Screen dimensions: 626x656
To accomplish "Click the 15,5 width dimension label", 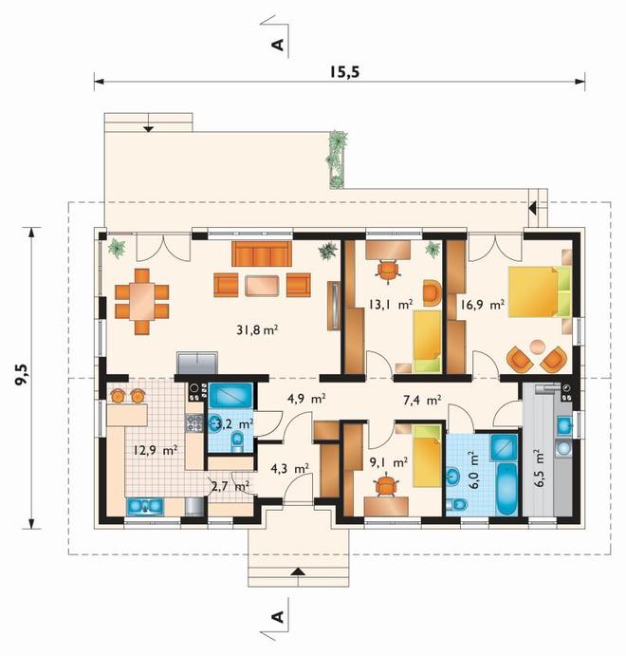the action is [x=344, y=72].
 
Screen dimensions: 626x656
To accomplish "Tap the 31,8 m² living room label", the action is [x=257, y=330].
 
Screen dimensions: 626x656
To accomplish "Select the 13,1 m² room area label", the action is [x=391, y=304].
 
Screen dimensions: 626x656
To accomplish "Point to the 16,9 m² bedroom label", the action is [x=482, y=304].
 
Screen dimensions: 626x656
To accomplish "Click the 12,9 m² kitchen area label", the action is [x=156, y=450].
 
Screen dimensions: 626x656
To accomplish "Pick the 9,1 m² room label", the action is [x=389, y=462].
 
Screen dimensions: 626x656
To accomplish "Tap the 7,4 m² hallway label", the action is [x=422, y=401].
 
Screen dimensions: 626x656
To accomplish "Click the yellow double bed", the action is [x=540, y=291].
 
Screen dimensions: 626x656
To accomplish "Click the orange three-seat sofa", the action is [x=262, y=253].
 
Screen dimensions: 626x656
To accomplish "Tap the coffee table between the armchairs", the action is [x=262, y=286].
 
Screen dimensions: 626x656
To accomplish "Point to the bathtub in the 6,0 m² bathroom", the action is [x=506, y=489].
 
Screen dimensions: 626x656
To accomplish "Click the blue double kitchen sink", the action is [x=144, y=506].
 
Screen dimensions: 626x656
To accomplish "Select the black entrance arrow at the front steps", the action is [x=297, y=572].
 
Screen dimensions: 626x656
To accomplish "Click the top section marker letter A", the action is [x=278, y=45].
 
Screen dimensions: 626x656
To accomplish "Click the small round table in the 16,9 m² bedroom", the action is [x=537, y=347].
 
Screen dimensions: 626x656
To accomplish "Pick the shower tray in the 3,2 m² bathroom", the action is [x=230, y=395].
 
